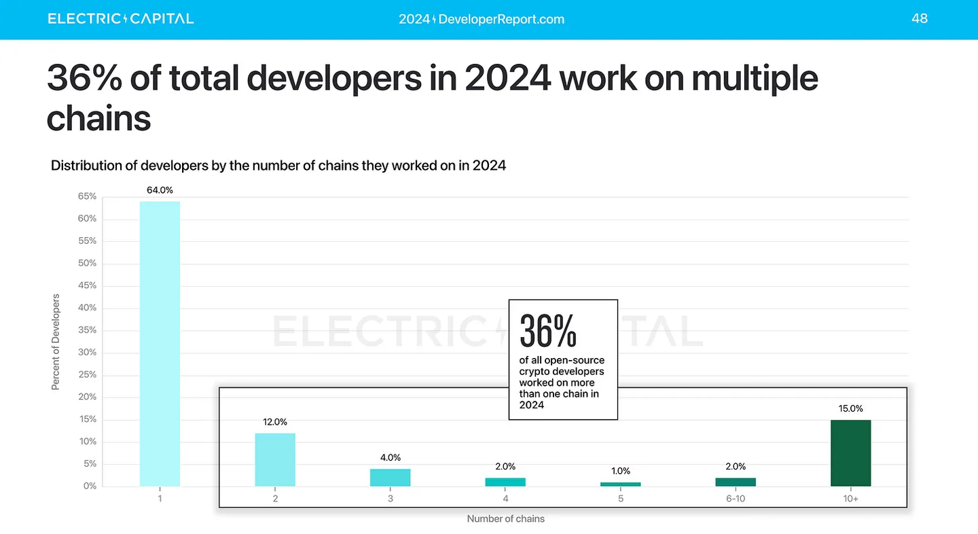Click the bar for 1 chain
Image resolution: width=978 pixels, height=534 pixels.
click(x=160, y=343)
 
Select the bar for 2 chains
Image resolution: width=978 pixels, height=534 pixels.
click(x=275, y=460)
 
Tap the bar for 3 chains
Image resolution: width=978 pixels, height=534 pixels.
click(x=390, y=478)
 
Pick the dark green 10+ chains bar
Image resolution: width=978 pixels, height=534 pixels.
click(x=850, y=453)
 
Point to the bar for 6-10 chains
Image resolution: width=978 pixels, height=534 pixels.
click(x=736, y=482)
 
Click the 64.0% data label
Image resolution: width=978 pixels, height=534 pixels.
click(x=160, y=190)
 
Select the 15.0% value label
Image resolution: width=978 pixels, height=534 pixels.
click(x=850, y=409)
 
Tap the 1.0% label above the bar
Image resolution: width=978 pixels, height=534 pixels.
click(x=620, y=471)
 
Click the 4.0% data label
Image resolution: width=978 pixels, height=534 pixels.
click(x=390, y=458)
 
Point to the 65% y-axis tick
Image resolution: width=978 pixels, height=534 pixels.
click(x=88, y=197)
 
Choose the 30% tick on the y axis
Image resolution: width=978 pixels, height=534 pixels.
click(x=88, y=353)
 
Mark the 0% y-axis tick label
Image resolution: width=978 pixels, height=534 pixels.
click(x=90, y=486)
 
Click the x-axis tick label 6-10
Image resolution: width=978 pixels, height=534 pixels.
click(x=736, y=498)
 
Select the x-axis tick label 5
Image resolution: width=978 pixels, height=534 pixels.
click(x=620, y=498)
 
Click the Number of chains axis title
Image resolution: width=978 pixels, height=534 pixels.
click(x=505, y=519)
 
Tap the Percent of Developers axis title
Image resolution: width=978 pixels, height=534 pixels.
click(x=56, y=342)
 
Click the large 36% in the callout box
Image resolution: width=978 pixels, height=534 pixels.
click(x=548, y=331)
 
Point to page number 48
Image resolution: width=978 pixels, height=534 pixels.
click(x=920, y=19)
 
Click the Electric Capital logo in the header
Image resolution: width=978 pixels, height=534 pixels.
click(x=121, y=19)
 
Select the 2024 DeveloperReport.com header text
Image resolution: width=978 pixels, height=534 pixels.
click(x=482, y=20)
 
